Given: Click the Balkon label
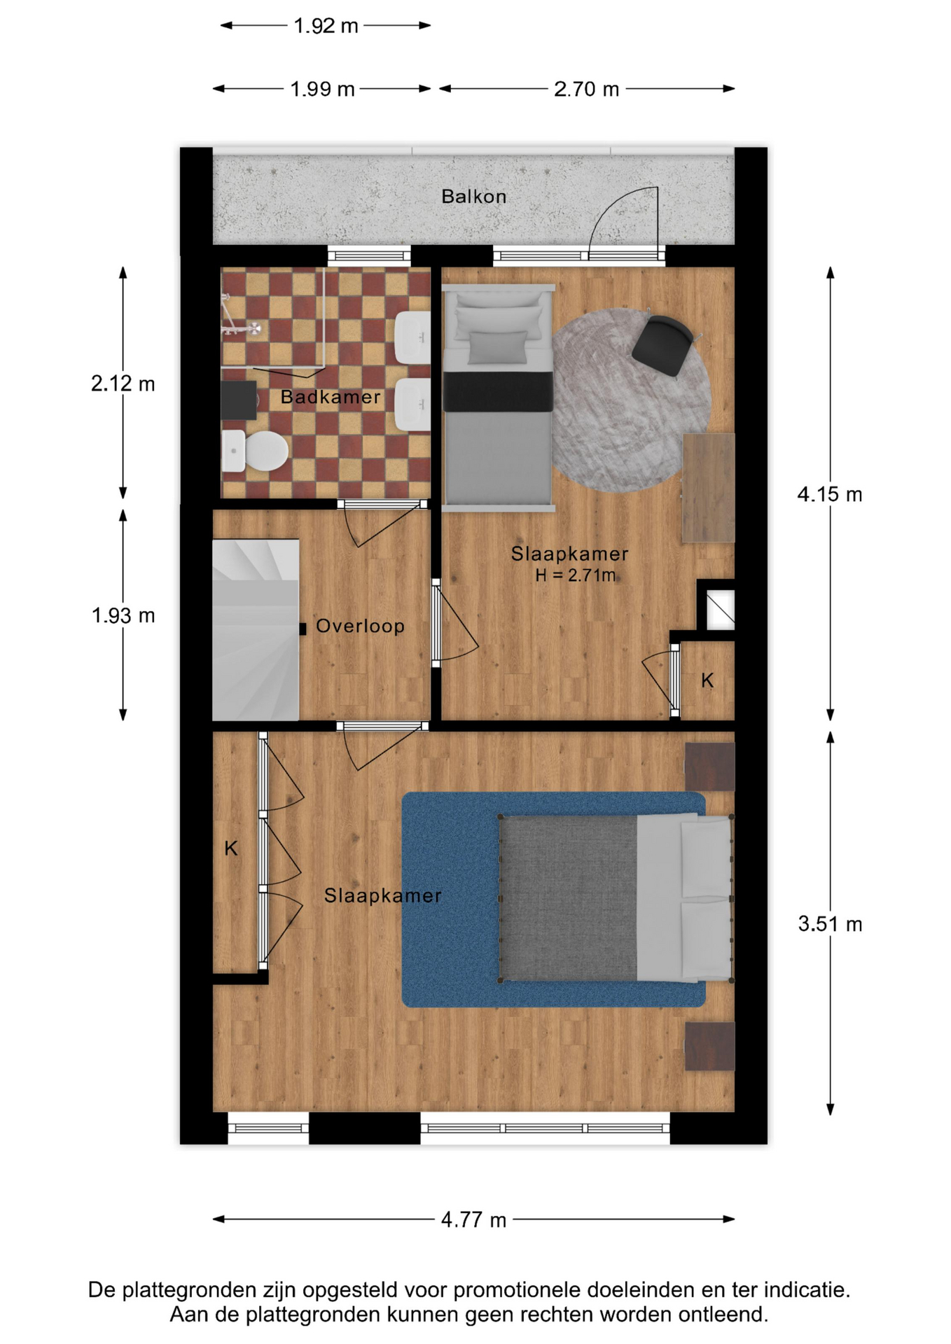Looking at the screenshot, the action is pos(473,197).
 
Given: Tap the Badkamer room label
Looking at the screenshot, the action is pos(331,397).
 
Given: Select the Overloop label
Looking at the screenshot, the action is pos(360,626).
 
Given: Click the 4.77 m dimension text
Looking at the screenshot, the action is pos(473,1220).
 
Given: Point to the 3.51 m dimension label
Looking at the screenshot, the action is pos(830,924).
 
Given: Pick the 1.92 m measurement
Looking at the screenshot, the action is pos(326,26).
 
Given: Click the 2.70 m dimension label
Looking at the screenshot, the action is pos(587,89).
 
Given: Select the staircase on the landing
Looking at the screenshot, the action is pos(256,629).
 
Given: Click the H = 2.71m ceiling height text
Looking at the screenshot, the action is pos(576,575).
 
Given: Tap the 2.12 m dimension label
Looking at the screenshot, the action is pos(123,384).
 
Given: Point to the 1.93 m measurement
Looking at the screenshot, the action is pos(123,615).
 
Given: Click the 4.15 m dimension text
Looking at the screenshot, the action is pos(830,495).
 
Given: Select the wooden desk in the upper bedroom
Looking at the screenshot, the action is pos(709,487).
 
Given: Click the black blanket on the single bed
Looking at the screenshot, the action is pos(498,392).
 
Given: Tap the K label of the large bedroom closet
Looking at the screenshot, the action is pos(231,849).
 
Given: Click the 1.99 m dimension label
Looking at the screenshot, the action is pos(322,89).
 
